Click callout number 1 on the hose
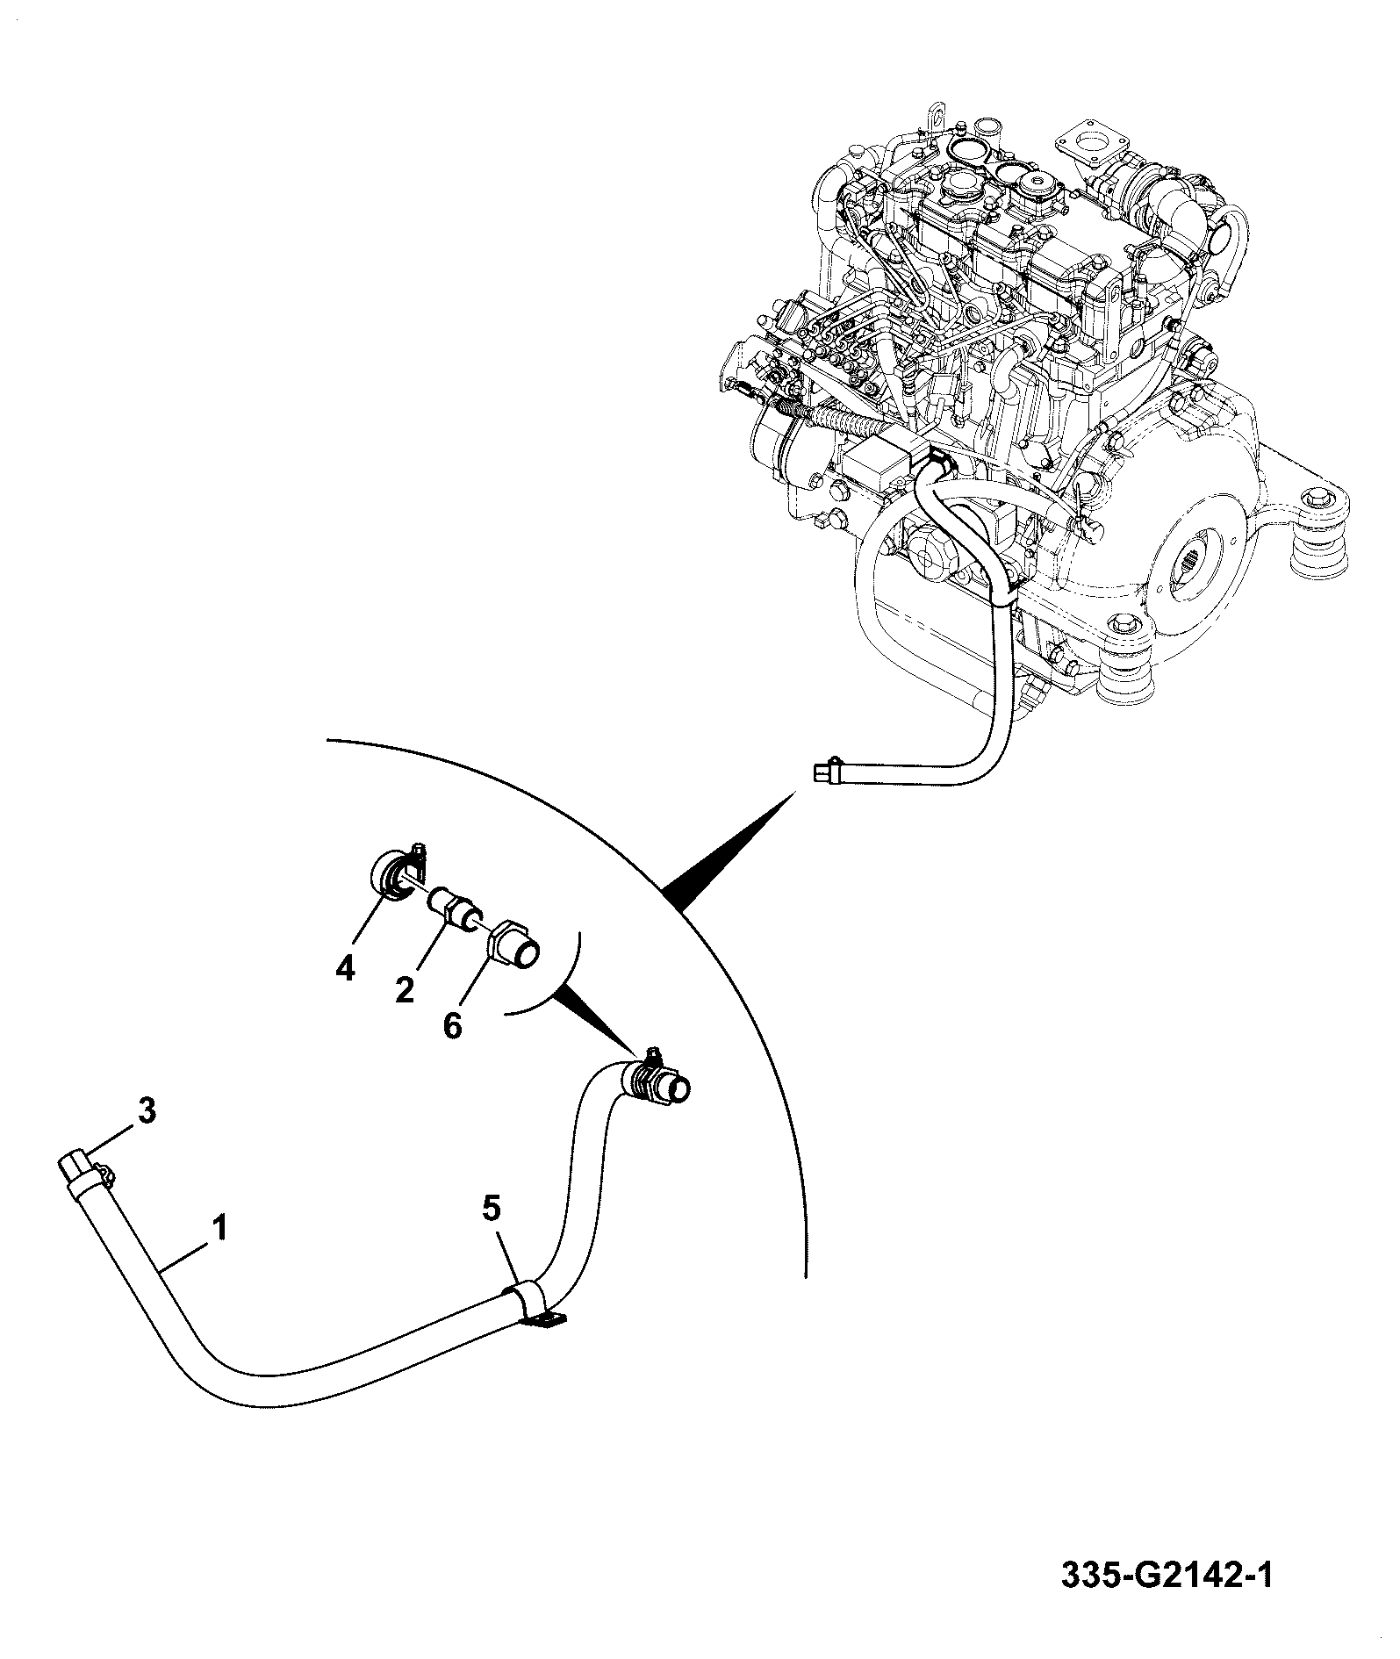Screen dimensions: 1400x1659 [219, 1226]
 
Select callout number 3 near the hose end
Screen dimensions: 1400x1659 [147, 1111]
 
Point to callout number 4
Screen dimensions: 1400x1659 [345, 969]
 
